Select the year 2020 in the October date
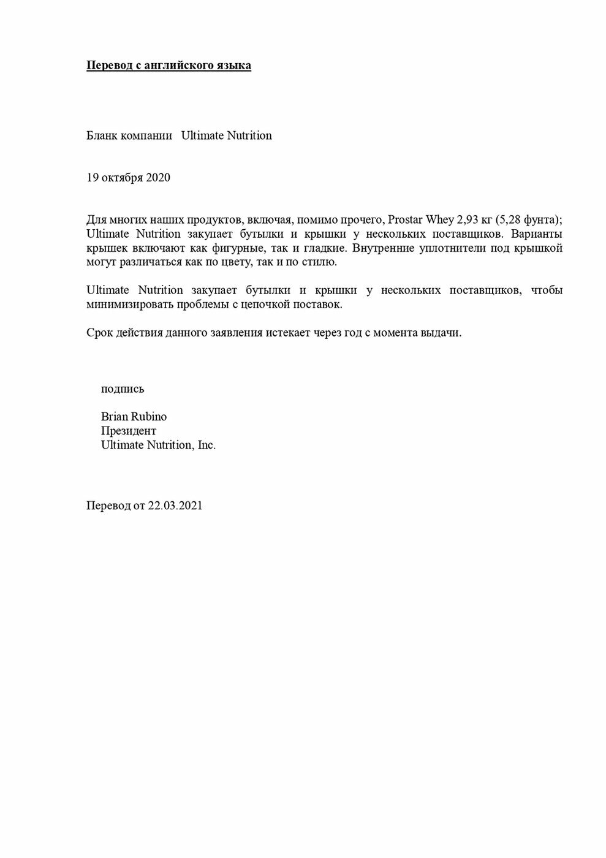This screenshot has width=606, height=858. point(158,178)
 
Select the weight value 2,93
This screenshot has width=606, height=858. point(469,219)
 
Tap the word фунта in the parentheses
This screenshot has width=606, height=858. point(537,219)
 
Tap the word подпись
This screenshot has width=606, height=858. point(123,389)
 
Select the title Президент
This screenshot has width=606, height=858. point(129,431)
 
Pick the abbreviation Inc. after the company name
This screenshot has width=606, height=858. point(206,445)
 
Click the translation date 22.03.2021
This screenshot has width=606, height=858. point(175,506)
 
